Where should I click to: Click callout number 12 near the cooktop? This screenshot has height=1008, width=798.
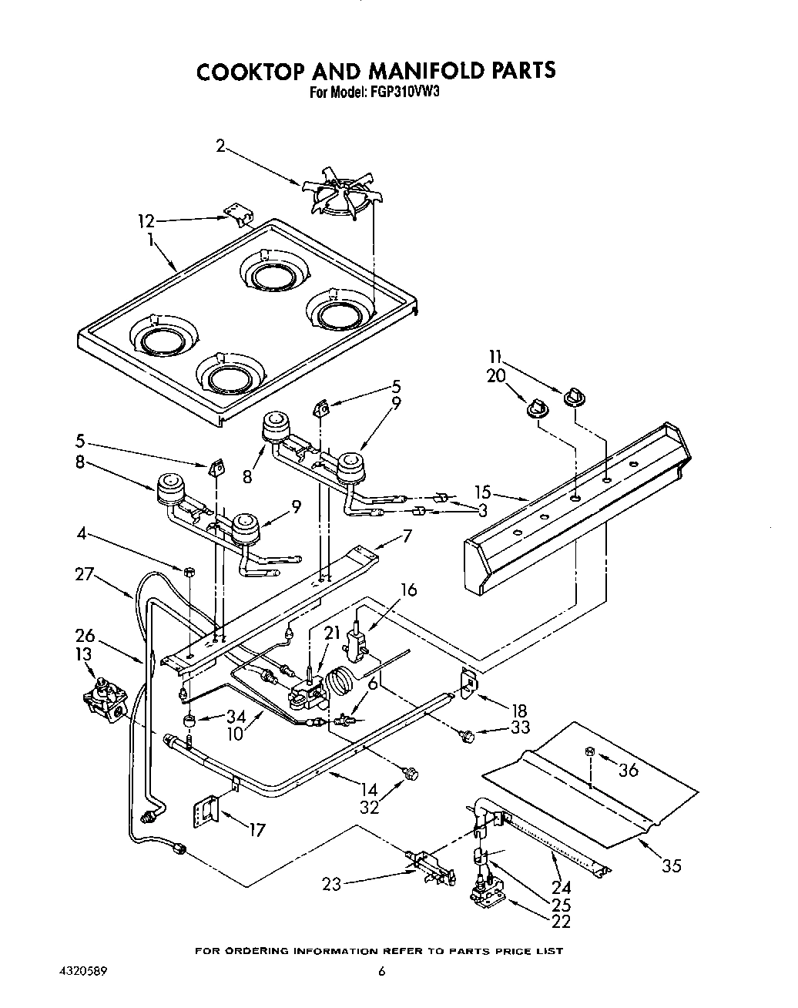click(146, 222)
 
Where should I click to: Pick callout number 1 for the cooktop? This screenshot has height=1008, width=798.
click(152, 240)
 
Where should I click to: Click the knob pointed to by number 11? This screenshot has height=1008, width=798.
click(573, 398)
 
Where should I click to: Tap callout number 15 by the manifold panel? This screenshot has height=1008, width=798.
click(482, 492)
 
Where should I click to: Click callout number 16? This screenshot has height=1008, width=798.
click(408, 590)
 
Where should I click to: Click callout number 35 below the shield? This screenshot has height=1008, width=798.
click(672, 865)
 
